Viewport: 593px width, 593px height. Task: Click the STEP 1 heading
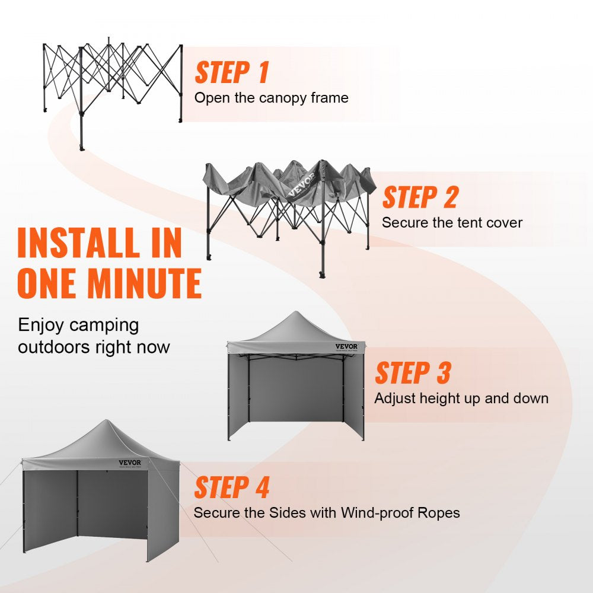click(232, 72)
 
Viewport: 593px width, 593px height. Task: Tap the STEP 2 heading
click(420, 197)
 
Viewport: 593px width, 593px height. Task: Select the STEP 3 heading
click(413, 373)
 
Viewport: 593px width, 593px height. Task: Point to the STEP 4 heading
click(232, 487)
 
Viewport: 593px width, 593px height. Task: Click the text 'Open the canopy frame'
click(271, 98)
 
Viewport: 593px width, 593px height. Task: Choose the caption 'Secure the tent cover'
click(452, 223)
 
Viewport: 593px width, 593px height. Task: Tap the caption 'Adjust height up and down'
click(461, 398)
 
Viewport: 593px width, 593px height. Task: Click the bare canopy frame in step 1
click(113, 83)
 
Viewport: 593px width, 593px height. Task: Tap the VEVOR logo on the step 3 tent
click(346, 346)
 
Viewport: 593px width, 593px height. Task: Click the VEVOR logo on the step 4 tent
click(130, 463)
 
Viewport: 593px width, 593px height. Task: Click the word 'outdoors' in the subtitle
click(55, 347)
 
